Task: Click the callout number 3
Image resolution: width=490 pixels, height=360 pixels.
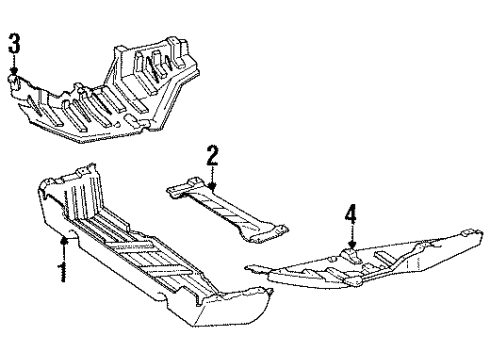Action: coord(14,43)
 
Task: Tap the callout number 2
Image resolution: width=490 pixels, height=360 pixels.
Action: coord(212,155)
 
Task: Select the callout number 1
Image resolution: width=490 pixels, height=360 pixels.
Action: coord(62,272)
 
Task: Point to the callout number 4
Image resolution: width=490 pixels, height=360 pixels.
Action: coord(350,214)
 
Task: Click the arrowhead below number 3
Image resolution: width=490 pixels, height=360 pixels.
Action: coord(14,71)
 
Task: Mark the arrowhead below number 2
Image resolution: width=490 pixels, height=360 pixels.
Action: coord(212,187)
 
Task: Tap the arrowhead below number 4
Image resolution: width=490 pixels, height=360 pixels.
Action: coord(351,245)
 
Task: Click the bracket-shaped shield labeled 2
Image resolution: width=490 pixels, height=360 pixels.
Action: coord(227,209)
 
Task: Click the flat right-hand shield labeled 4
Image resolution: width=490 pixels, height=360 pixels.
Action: coord(367,263)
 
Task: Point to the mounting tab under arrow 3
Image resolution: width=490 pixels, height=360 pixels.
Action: coord(14,82)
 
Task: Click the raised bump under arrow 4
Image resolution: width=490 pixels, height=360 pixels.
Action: coord(351,254)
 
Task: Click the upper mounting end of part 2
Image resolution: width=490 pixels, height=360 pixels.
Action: coord(187,188)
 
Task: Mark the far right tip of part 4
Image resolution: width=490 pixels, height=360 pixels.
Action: coord(481,232)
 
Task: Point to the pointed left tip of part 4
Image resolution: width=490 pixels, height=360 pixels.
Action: coord(248,267)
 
